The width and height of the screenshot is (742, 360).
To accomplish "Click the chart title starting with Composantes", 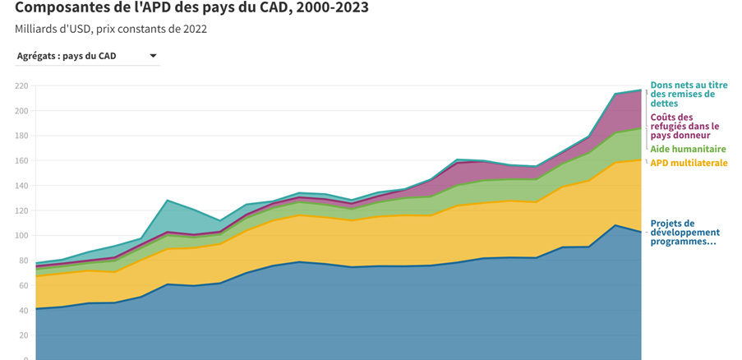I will tap(191, 8).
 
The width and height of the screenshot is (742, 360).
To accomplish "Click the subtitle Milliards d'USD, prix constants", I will tap(111, 30).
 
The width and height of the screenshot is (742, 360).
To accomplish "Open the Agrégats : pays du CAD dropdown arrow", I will tap(153, 56).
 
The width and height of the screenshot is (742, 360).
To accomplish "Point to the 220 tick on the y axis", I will tap(21, 85).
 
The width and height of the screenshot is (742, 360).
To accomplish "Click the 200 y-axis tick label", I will tap(21, 111).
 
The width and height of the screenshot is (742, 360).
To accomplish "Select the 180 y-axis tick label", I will tap(21, 136).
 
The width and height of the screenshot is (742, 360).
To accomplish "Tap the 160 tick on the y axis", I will tap(21, 161).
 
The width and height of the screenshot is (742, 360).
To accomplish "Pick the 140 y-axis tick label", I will tap(21, 186).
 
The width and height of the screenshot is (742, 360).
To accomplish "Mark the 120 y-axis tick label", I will tap(21, 210).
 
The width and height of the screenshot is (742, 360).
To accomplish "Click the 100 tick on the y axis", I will tap(21, 236).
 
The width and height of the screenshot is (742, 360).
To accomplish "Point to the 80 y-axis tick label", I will tap(24, 261).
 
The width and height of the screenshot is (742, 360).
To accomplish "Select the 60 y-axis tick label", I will tap(24, 285).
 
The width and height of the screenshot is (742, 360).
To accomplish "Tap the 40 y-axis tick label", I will tap(24, 311).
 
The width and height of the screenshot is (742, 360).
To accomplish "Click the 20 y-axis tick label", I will tap(24, 335).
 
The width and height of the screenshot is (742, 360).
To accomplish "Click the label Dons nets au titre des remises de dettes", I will tap(689, 95).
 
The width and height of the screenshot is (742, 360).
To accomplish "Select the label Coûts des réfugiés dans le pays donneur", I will tap(684, 126).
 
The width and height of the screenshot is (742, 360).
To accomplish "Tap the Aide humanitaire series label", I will tap(688, 150).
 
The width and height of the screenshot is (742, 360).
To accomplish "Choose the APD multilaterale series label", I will tap(689, 163).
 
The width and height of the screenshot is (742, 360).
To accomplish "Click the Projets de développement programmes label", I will tap(683, 233).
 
